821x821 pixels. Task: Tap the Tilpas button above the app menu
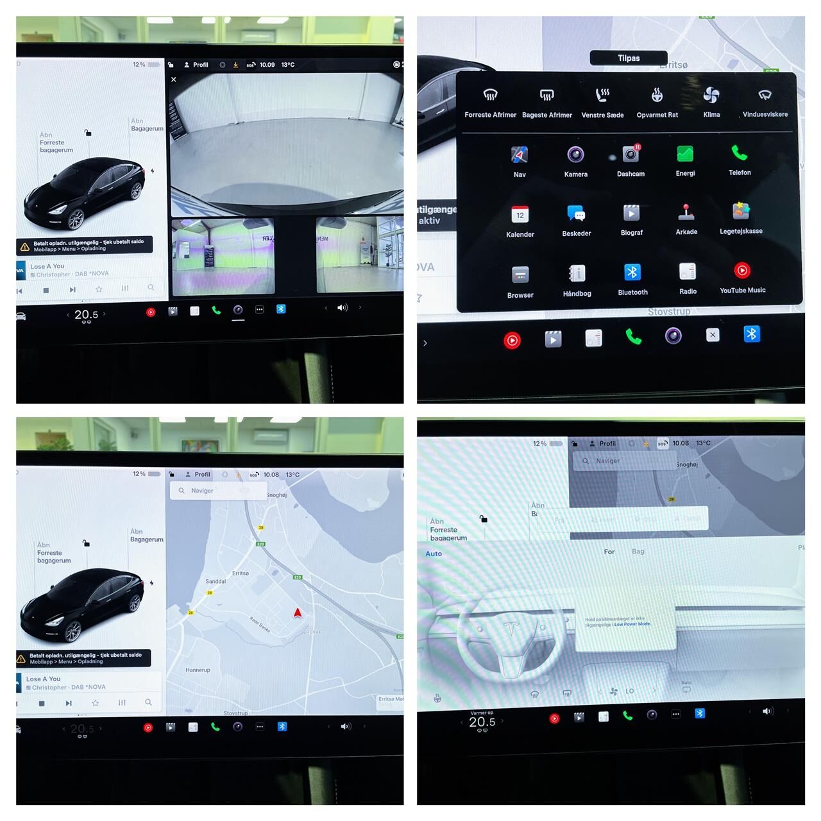[629, 58]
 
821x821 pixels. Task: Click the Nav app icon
[520, 155]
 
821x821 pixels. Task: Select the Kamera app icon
[575, 155]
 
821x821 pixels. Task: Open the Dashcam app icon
[631, 154]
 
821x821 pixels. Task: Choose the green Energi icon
[685, 154]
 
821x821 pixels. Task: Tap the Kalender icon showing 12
[520, 215]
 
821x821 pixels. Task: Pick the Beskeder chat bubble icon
[576, 214]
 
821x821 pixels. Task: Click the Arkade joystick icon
[686, 212]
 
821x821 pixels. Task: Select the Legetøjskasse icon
[741, 211]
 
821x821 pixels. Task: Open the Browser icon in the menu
[520, 275]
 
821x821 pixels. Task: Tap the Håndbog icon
[577, 274]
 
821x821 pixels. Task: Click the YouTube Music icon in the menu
[742, 271]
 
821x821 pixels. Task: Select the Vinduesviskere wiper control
[765, 96]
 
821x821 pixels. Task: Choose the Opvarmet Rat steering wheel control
[657, 96]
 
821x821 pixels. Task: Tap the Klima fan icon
[711, 96]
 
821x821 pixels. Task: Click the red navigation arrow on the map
[298, 613]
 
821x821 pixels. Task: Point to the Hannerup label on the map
[198, 670]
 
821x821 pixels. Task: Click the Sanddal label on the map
[216, 581]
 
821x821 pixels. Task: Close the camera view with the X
[174, 80]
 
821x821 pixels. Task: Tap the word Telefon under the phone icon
[740, 173]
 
